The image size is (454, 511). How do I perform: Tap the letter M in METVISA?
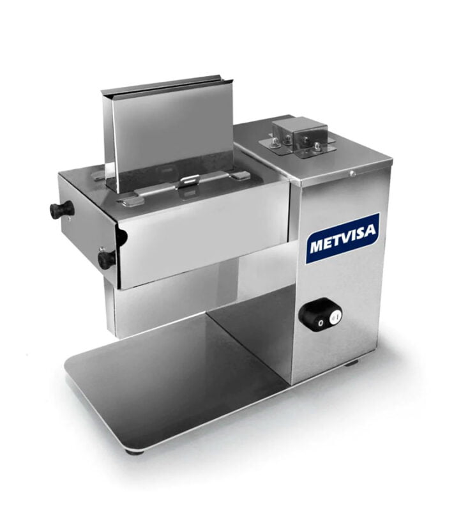[x=317, y=247]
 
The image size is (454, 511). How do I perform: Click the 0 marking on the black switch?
[x=321, y=323]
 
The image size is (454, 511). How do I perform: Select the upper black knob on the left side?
[x=59, y=208]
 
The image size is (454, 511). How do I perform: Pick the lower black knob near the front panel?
[x=106, y=259]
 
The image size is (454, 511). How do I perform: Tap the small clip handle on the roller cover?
[x=190, y=179]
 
